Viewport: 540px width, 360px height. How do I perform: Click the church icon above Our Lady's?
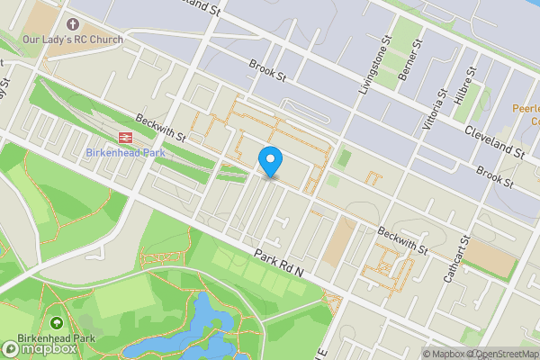pos(97,23)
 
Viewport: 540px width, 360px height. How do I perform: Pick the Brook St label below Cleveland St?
pos(494,175)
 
